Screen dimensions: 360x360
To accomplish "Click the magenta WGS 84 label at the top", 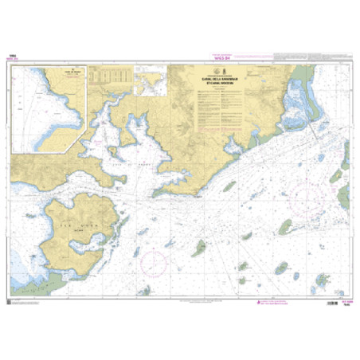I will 180,57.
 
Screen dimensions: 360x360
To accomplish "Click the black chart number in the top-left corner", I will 11,55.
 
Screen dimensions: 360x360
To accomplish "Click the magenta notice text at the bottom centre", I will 180,303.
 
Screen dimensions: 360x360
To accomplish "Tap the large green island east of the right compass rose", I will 344,194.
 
